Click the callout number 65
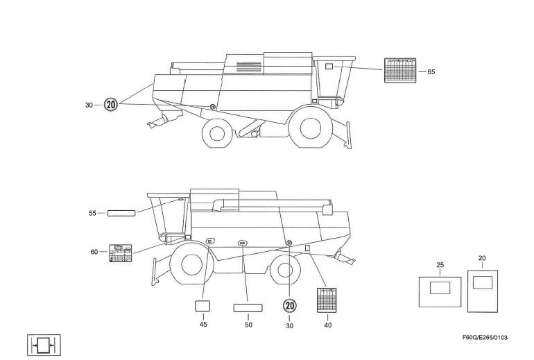pos(432,71)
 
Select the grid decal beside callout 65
pos(400,71)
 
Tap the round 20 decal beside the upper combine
pos(111,105)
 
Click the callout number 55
pos(92,213)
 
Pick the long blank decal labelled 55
pos(121,213)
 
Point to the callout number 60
pos(94,252)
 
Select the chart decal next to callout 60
pos(121,253)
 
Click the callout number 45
pos(203,324)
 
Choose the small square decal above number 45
pos(203,307)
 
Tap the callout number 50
pos(248,324)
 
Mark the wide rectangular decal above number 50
pos(248,307)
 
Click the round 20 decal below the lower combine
pos(290,306)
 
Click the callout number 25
pos(440,265)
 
